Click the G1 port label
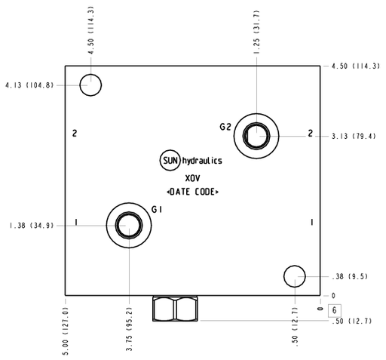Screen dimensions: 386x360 (x=157, y=209)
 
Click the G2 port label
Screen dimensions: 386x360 (x=225, y=127)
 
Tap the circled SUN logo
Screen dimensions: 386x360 (x=170, y=160)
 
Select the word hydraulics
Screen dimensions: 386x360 (x=202, y=161)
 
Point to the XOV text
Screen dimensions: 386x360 (x=192, y=178)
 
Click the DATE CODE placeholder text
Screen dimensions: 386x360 (x=192, y=192)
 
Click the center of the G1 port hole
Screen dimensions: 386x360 (x=129, y=225)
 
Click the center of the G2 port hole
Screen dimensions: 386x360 (x=256, y=136)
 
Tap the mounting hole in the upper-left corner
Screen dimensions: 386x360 (x=90, y=85)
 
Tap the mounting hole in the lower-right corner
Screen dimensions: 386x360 (x=295, y=276)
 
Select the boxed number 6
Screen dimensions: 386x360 (x=335, y=310)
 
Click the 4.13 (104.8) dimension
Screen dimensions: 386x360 (x=29, y=85)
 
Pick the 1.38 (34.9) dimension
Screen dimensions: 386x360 (x=32, y=226)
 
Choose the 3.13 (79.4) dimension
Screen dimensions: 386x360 (x=354, y=137)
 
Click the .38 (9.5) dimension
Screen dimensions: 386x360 (x=350, y=276)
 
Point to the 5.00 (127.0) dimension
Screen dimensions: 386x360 (x=66, y=331)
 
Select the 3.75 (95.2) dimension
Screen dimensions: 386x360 (x=129, y=329)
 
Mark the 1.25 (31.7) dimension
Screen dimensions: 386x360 (x=256, y=32)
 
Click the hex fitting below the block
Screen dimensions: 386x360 (x=175, y=309)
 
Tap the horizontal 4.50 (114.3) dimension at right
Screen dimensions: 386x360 (x=356, y=66)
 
